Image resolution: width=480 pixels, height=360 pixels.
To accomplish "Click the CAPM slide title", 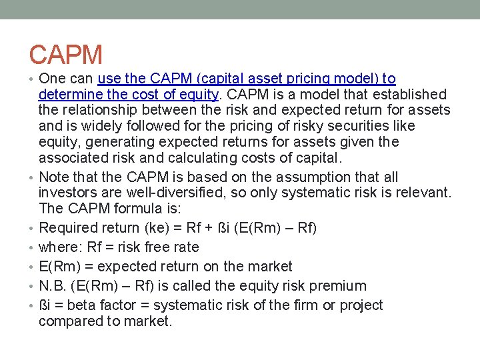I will [x=66, y=55].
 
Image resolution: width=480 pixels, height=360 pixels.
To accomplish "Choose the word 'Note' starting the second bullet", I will [x=55, y=177].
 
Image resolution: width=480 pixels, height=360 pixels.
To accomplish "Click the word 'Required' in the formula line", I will [x=68, y=228].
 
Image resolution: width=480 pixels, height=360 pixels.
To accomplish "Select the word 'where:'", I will [x=61, y=247].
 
